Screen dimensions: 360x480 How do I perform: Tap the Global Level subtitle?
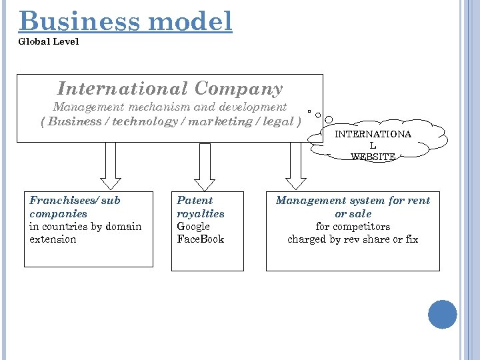coord(49,41)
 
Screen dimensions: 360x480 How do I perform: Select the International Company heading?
coord(170,89)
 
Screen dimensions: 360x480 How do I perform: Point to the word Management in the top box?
coord(83,107)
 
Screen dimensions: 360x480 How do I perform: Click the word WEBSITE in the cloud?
coord(373,157)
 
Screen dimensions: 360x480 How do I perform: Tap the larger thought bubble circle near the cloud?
coord(329,119)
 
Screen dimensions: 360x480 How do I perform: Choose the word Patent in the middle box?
coord(195,200)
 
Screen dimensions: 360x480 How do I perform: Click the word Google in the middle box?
coord(193,227)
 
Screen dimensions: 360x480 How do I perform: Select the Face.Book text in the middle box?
coord(200,239)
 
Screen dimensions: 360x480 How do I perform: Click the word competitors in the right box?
coord(361,227)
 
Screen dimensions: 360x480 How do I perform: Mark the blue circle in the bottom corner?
coord(442,314)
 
